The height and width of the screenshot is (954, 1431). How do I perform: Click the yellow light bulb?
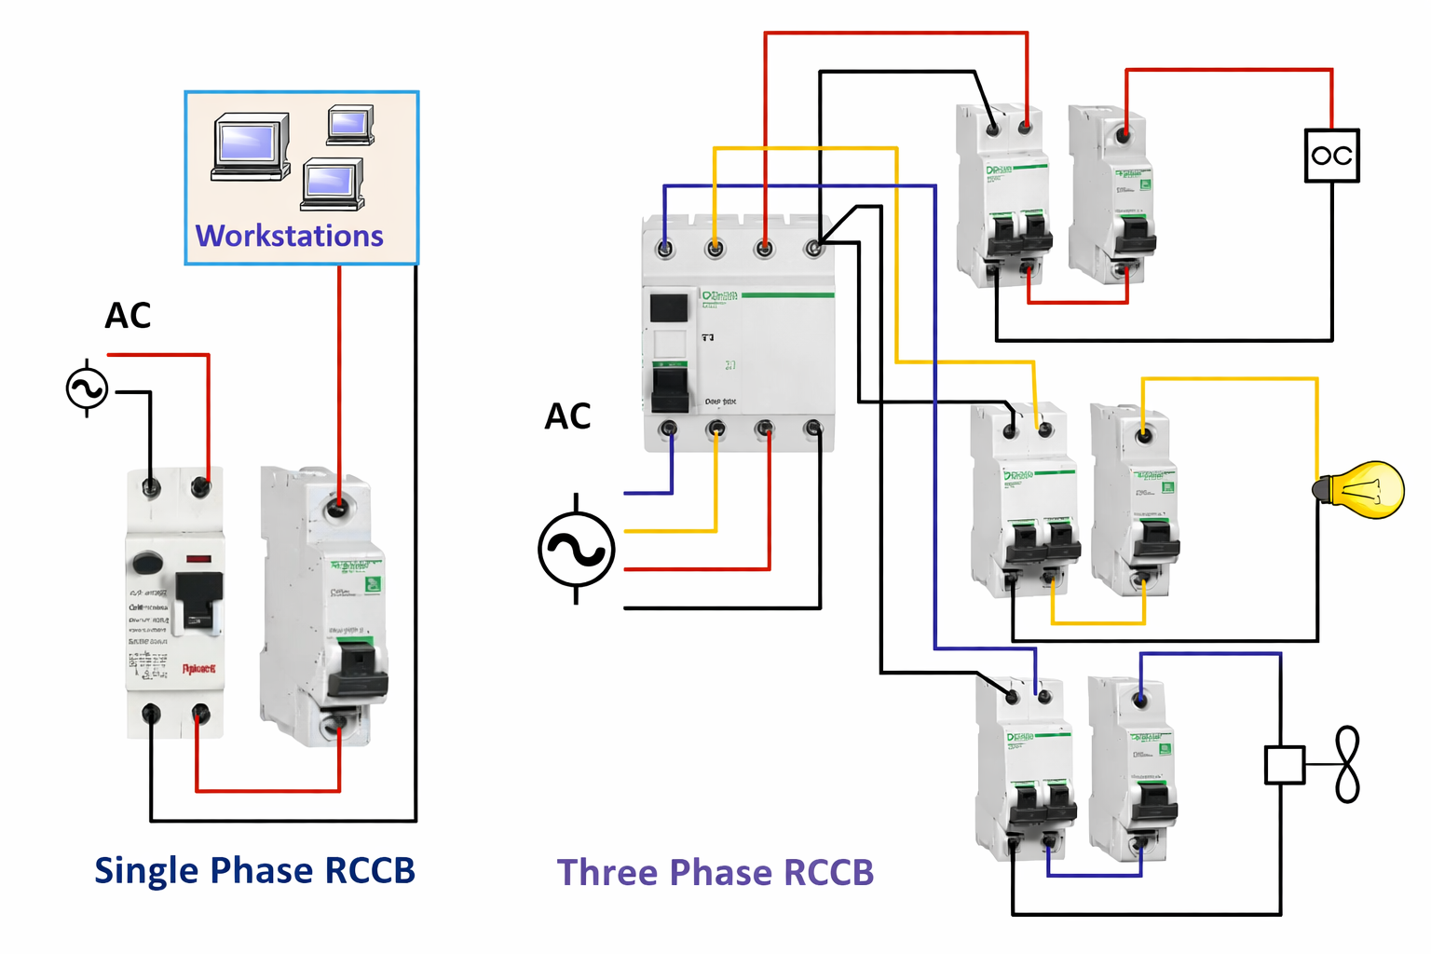1363,490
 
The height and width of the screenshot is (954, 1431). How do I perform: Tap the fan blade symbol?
1347,765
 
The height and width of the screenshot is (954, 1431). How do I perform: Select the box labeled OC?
1331,156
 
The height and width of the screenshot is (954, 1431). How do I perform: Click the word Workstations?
289,236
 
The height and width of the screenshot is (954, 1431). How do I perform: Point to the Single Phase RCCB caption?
254,870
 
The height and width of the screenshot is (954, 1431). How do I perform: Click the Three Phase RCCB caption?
715,873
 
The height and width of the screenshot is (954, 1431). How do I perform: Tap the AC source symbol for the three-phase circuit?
577,550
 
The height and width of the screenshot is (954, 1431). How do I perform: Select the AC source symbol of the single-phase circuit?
87,388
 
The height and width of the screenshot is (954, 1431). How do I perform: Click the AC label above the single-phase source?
128,316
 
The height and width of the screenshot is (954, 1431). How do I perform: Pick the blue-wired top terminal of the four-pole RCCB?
665,249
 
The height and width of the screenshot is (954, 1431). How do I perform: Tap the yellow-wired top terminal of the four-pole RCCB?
715,249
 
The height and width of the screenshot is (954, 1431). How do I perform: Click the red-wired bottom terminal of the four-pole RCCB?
764,429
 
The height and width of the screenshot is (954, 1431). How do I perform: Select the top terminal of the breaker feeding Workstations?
338,507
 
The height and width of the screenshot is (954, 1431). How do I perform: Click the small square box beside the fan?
1285,765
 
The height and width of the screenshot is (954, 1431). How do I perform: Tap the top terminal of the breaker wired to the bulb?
1143,435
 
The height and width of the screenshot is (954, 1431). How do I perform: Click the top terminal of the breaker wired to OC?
1124,135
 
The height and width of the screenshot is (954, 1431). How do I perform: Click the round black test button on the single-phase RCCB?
147,563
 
